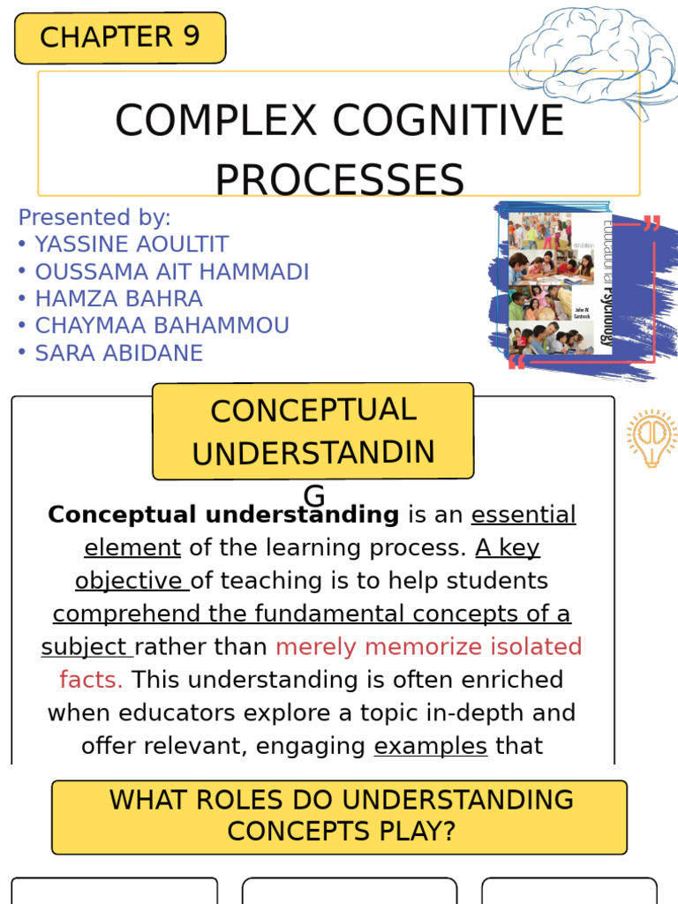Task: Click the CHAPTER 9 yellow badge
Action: tap(120, 38)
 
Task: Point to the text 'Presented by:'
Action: tap(94, 217)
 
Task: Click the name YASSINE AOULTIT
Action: tap(132, 245)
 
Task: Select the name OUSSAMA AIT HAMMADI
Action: tap(171, 272)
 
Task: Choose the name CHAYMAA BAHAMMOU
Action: tap(162, 326)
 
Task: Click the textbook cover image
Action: tap(560, 285)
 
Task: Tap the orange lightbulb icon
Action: tap(652, 438)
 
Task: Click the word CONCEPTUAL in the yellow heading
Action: tap(313, 411)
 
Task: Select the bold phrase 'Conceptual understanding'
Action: tap(223, 515)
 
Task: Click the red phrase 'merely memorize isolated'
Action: tap(429, 647)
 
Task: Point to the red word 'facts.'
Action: tap(91, 680)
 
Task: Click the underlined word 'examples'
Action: tap(431, 746)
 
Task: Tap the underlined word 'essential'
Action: tap(524, 515)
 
